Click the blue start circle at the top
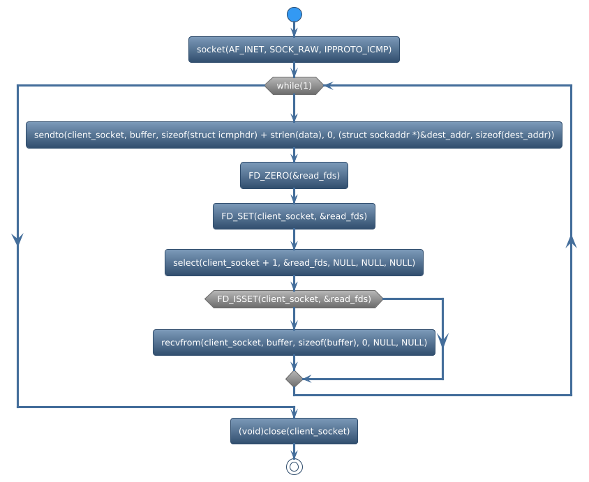point(294,15)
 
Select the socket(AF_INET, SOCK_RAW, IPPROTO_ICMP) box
point(294,50)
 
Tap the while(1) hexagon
point(294,86)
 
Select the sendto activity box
point(294,135)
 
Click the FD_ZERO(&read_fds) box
point(294,176)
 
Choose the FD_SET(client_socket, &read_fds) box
point(294,216)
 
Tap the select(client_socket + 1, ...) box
point(294,263)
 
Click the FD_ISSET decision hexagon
point(294,299)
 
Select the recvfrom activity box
point(294,342)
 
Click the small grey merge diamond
point(294,379)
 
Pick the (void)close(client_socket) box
point(294,431)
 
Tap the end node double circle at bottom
point(294,467)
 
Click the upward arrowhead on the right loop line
point(571,241)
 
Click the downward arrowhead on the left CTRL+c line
point(17,238)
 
